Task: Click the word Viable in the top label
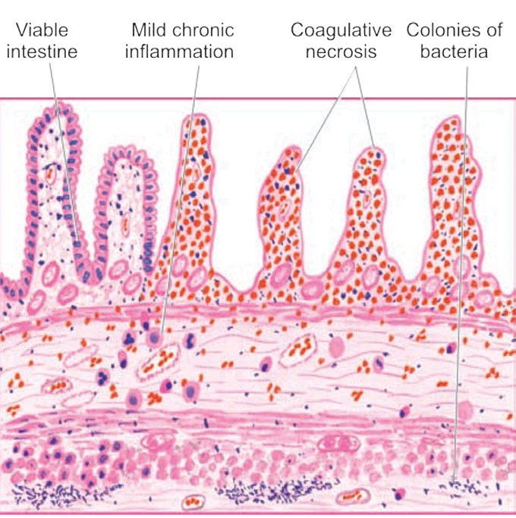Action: click(42, 30)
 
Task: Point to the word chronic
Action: click(205, 30)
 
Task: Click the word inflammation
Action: click(181, 52)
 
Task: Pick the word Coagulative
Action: click(341, 30)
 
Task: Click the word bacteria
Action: click(453, 52)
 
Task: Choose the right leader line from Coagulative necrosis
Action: click(364, 106)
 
